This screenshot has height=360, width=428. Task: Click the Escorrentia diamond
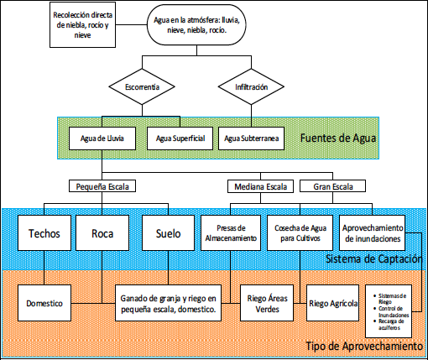click(144, 87)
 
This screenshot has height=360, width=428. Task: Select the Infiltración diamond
click(252, 87)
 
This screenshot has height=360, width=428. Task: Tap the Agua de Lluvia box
click(102, 136)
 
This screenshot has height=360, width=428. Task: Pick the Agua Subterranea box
click(252, 136)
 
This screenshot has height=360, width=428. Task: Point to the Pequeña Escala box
click(102, 186)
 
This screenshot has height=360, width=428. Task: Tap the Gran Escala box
click(326, 186)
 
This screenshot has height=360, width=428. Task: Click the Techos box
click(44, 232)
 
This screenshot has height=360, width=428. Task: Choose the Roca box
click(102, 232)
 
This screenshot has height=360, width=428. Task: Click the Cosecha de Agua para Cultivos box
click(301, 232)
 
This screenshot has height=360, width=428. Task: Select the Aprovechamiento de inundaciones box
click(373, 232)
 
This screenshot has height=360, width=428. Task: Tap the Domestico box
click(44, 303)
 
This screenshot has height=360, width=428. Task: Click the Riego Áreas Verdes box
click(266, 303)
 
